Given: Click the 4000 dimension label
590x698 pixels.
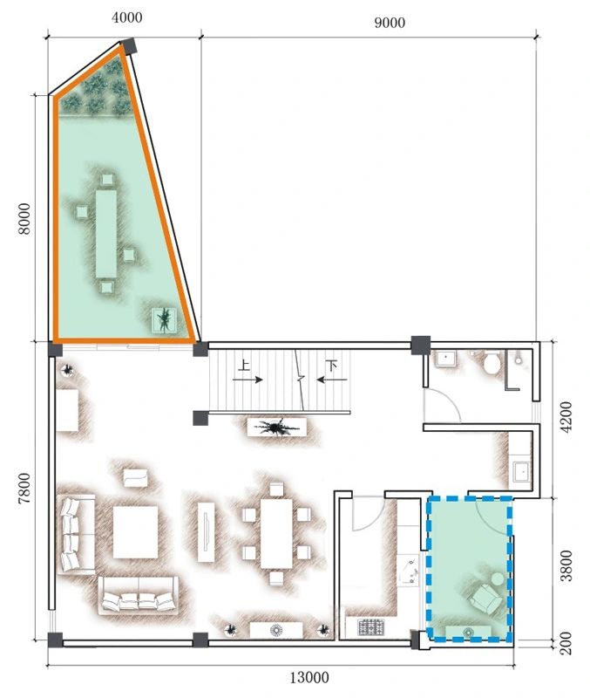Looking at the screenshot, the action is coord(126,17).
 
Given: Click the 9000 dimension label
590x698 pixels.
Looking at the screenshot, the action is coord(390,23).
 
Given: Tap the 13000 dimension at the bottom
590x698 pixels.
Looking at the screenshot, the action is coord(309,678).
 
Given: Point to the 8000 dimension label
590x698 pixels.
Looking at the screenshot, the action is coord(24,218).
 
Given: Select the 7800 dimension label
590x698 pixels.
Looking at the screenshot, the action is coord(24,489).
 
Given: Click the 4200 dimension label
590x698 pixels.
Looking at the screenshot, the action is coord(566,417).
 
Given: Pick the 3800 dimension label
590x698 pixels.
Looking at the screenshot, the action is coord(566,565).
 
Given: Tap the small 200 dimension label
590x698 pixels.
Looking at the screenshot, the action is coord(566,643).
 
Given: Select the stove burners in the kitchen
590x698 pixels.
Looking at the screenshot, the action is coord(371,627).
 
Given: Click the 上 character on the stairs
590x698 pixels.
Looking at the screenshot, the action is coord(244,366).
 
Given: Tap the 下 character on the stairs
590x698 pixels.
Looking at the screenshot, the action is coord(331,366).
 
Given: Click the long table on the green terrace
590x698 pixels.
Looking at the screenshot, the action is coord(106,234).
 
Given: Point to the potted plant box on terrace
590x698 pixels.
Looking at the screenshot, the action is coord(165,320).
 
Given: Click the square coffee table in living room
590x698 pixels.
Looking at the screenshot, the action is coord(136,532).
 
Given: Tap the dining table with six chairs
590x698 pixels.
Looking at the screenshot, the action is coord(276,533).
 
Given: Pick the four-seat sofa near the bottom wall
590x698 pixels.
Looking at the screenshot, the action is coord(139,595).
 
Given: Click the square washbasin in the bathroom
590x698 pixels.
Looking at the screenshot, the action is coord(445,359).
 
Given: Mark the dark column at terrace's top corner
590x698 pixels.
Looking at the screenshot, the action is coord(129,46).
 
